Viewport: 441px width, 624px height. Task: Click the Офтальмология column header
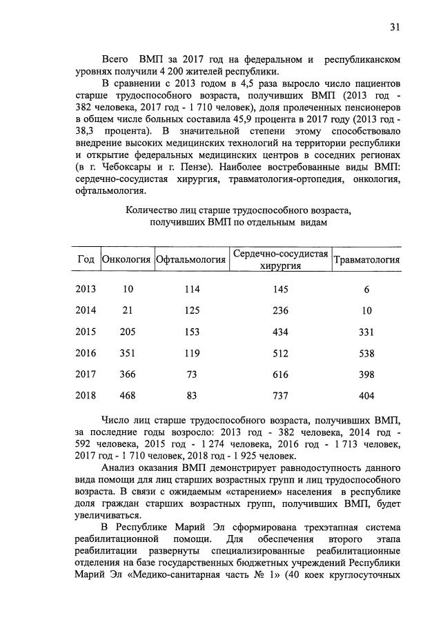tap(191, 260)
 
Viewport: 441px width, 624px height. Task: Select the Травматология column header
tap(366, 260)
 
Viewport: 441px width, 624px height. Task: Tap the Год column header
tap(85, 260)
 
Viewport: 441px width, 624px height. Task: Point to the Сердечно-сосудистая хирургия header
tap(280, 260)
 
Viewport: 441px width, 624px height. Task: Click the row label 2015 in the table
tap(86, 332)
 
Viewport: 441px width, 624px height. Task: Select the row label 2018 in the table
tap(86, 396)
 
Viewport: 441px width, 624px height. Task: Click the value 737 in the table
tap(280, 396)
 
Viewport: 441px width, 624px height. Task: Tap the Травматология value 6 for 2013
tap(366, 289)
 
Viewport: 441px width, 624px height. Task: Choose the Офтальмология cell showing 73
tap(191, 374)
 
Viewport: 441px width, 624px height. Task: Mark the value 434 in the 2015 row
tap(280, 332)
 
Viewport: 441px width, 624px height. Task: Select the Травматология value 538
tap(366, 353)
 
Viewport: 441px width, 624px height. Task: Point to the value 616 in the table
tap(280, 374)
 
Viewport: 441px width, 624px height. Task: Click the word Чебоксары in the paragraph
tap(126, 167)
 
